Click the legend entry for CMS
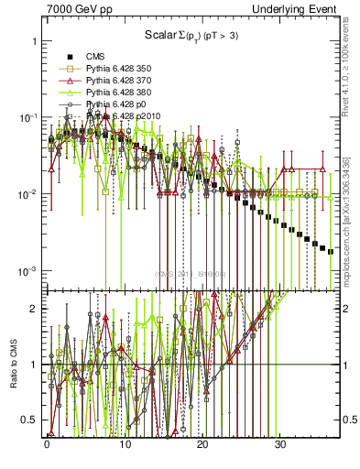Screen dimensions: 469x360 pyautogui.click(x=95, y=56)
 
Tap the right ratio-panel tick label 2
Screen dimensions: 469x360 pyautogui.click(x=348, y=309)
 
